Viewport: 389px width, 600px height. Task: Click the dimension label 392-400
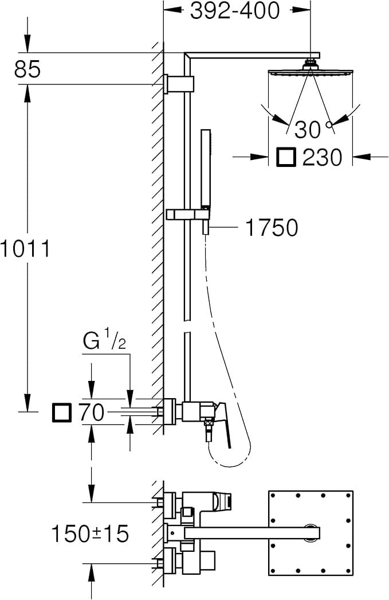[x=235, y=10]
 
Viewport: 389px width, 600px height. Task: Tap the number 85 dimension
[x=27, y=69]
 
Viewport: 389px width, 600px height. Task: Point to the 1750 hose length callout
[x=272, y=228]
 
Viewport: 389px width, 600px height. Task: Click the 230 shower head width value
[x=322, y=157]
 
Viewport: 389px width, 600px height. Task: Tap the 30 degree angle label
[x=308, y=130]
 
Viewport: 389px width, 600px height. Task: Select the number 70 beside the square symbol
[x=92, y=412]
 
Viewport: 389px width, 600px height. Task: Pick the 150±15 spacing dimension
[x=91, y=534]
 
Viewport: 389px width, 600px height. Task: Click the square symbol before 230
[x=286, y=157]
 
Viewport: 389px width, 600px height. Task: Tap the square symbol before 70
[x=61, y=412]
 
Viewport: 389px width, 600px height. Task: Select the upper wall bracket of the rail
[x=179, y=83]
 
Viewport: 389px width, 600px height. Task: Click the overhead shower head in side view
[x=311, y=72]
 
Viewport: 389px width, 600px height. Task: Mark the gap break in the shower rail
[x=187, y=326]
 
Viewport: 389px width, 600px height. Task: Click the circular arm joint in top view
[x=312, y=532]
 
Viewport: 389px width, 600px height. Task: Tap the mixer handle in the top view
[x=222, y=501]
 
